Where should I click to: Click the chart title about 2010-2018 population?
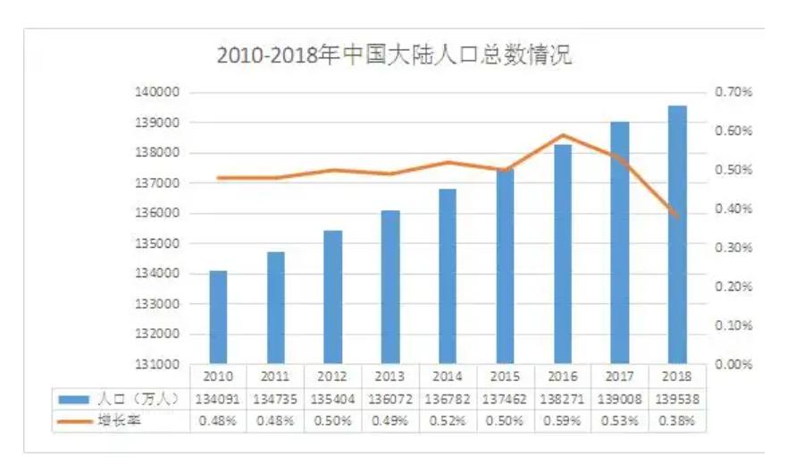click(x=394, y=55)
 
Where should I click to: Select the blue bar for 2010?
click(x=218, y=317)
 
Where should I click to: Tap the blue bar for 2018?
click(x=677, y=234)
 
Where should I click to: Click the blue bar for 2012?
click(x=333, y=297)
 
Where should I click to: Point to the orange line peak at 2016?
click(x=563, y=135)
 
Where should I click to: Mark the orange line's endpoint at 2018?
click(x=678, y=216)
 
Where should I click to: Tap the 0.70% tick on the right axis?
click(x=734, y=92)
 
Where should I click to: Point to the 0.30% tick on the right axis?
click(x=734, y=248)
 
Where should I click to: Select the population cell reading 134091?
click(x=218, y=399)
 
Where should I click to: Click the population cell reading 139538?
click(x=677, y=399)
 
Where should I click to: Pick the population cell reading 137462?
click(x=505, y=399)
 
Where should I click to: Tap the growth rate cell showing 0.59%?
click(x=563, y=420)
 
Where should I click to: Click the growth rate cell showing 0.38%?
click(x=677, y=420)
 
